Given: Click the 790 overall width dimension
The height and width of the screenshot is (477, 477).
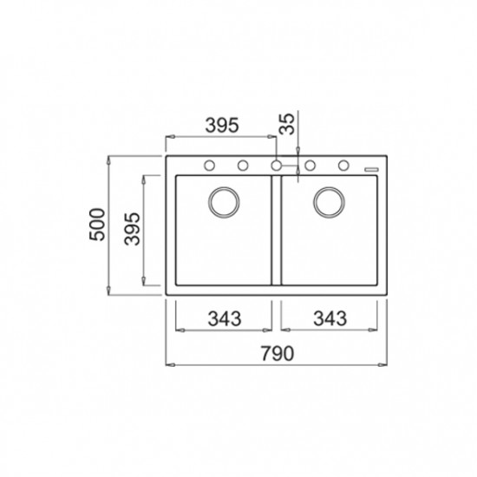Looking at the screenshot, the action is pyautogui.click(x=278, y=353).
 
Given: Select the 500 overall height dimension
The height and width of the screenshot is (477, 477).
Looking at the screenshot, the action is pyautogui.click(x=97, y=225).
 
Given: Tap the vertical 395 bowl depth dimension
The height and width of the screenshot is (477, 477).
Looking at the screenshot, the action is pyautogui.click(x=132, y=229).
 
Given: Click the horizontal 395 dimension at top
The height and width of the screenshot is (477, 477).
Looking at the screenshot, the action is pyautogui.click(x=222, y=125).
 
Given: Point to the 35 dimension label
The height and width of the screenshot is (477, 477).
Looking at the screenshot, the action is pyautogui.click(x=287, y=123).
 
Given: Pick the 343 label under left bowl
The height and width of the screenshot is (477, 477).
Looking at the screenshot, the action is pyautogui.click(x=225, y=318).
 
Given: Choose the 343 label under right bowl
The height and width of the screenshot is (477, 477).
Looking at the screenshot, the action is pyautogui.click(x=330, y=318).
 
